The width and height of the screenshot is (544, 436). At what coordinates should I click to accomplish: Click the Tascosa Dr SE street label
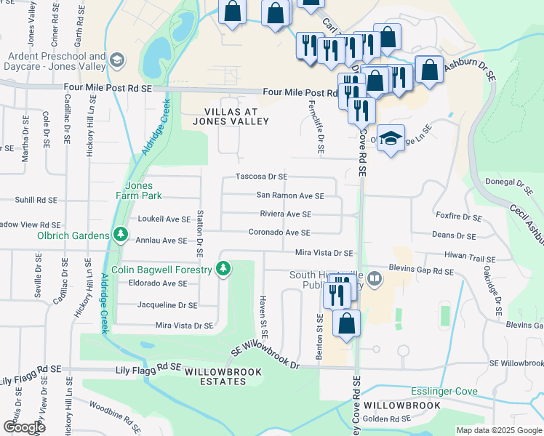(x=261, y=177)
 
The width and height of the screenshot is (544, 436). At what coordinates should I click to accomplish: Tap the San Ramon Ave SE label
(x=289, y=195)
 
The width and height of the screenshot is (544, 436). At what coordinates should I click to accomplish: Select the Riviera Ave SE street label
(x=285, y=214)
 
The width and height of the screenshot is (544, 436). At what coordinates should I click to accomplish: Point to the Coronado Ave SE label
(x=279, y=233)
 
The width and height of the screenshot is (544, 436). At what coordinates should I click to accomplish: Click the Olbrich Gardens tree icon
(x=120, y=235)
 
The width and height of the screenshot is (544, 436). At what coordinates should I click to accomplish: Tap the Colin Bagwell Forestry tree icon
(x=224, y=270)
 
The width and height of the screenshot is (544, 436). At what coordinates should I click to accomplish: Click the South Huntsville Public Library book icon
(x=374, y=278)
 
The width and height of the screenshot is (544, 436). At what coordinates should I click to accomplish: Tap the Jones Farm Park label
(x=138, y=190)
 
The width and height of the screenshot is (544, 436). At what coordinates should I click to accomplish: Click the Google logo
(x=23, y=427)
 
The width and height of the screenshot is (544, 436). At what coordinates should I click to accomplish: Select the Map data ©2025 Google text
(x=498, y=430)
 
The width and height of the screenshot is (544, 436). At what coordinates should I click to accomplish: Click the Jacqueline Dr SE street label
(x=167, y=306)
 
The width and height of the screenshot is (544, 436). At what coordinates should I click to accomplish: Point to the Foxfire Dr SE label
(x=456, y=217)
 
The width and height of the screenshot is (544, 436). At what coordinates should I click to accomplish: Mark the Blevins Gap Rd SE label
(x=421, y=271)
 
